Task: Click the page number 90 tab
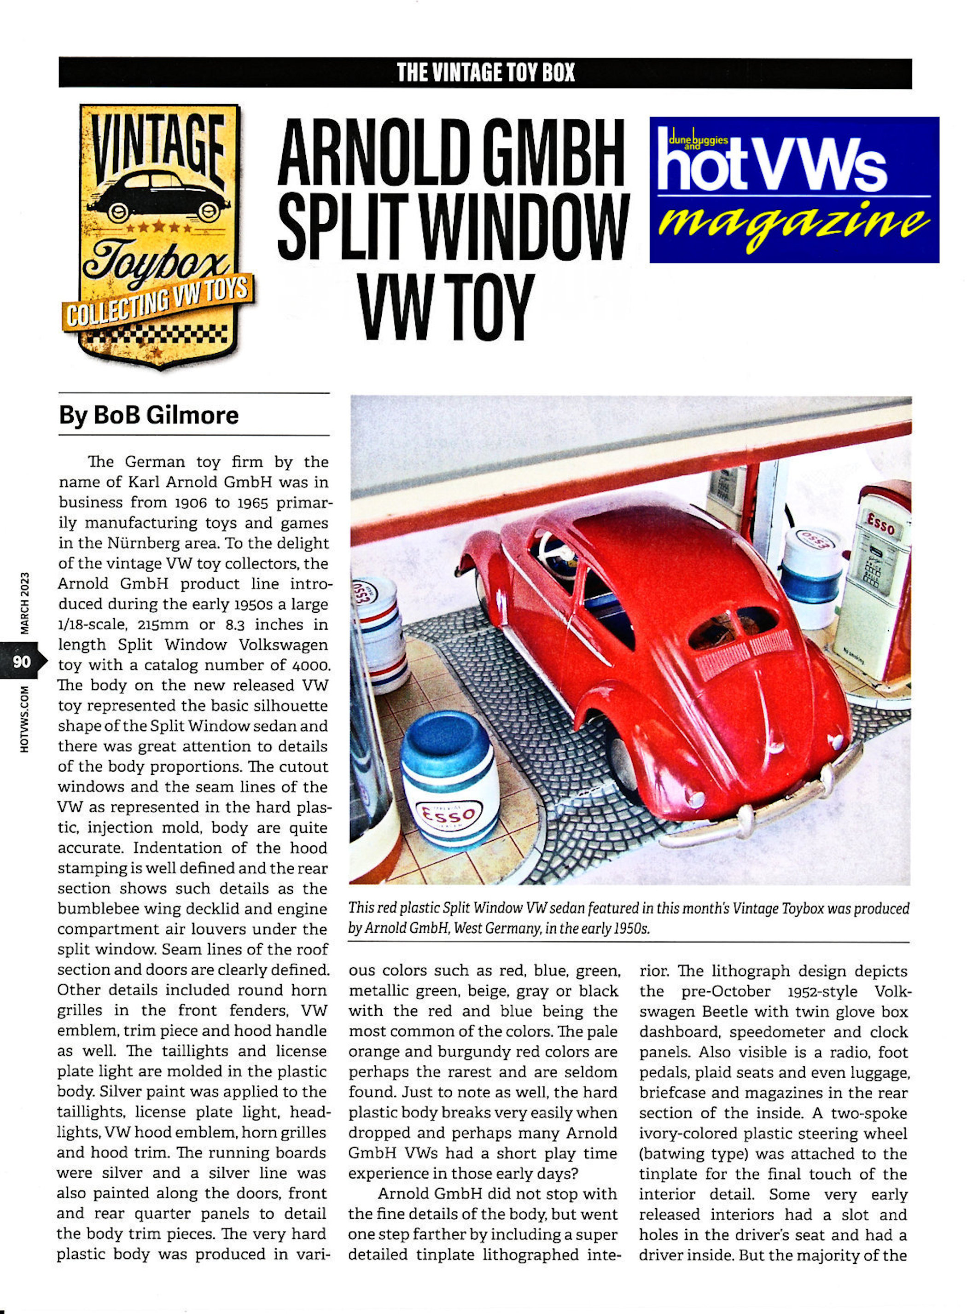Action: tap(22, 662)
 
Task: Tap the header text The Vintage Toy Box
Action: tap(485, 73)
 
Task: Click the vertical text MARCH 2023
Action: tap(24, 602)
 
